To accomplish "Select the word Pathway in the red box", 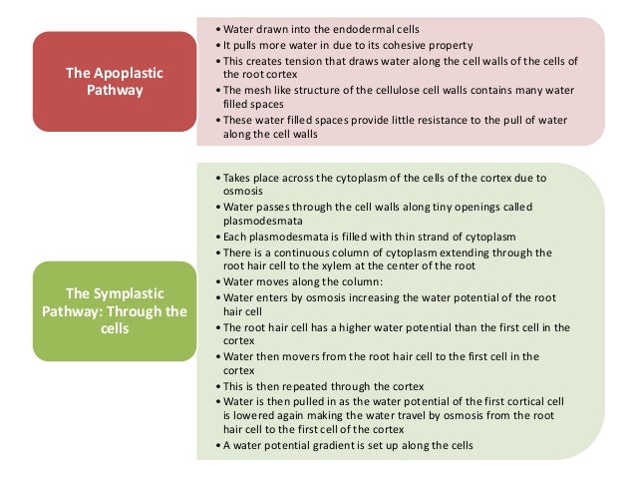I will pos(110,89).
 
